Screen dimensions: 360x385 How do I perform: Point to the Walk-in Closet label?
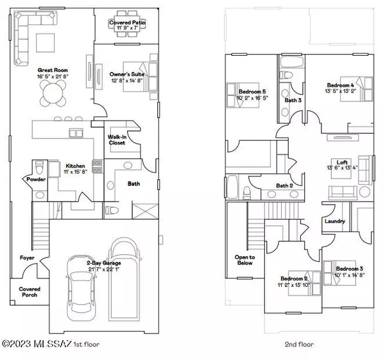(116, 139)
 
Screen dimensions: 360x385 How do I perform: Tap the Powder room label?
(32, 180)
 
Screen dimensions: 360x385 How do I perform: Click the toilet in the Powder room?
(38, 168)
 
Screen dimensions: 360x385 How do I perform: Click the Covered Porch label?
(28, 292)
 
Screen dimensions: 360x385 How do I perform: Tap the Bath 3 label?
(293, 100)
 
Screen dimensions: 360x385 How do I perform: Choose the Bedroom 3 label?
(350, 268)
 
